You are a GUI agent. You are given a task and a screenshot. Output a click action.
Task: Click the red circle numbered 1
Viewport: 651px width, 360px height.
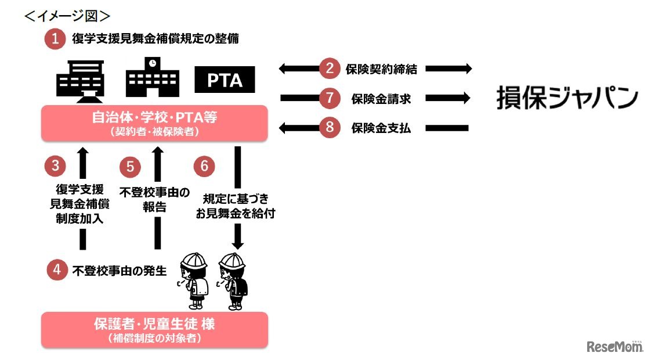(55, 39)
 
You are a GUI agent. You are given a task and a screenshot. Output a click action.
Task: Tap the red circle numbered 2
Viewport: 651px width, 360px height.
(330, 69)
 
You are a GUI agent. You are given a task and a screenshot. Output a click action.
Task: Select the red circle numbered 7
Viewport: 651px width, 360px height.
(330, 98)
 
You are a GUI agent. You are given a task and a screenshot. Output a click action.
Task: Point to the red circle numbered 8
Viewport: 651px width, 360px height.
(330, 128)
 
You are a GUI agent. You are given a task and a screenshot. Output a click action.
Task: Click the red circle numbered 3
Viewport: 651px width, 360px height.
(55, 165)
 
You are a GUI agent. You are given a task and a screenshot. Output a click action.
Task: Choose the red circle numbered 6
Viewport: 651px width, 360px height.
(204, 166)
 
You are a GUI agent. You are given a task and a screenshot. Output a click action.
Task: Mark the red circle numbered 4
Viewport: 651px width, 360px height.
(56, 270)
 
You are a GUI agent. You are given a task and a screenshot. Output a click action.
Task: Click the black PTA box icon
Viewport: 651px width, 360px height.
(225, 80)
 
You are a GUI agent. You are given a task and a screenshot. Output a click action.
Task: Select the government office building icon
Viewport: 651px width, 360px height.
(81, 78)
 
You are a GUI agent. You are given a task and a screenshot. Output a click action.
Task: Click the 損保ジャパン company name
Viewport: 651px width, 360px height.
(566, 98)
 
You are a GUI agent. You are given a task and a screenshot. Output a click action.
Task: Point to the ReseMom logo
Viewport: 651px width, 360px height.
(615, 347)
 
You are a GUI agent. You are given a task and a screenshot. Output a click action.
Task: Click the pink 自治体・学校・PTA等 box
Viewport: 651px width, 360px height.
(154, 123)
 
